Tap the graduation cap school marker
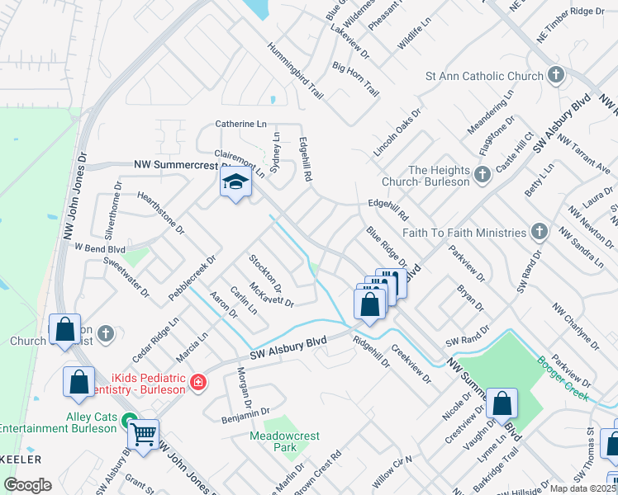coord(235,183)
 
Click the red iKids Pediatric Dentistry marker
coord(197,382)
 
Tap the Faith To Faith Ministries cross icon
coord(540,230)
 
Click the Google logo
coord(27,484)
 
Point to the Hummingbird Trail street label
coord(294,71)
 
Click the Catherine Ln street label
coord(241,124)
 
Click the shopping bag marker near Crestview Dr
coord(502,404)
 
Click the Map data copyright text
coord(583,488)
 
